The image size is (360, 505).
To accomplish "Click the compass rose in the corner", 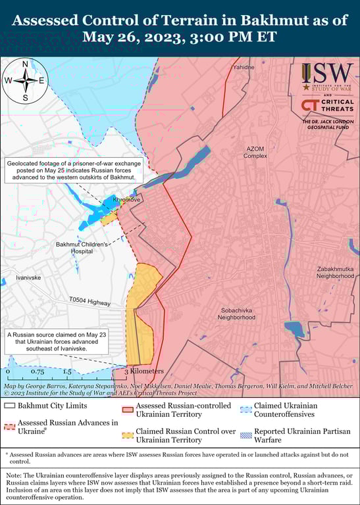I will coord(25,81).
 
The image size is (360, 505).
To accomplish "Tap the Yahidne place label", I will coord(244,67).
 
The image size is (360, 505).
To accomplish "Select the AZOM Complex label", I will coord(255,153).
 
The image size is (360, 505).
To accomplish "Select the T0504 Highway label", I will coord(90,302).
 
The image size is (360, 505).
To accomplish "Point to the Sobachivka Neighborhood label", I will coord(237,313).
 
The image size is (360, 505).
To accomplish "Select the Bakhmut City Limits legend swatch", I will coord(9,406).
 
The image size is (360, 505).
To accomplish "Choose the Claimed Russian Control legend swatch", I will coord(126,435).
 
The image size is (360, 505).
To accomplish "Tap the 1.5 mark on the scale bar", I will coord(67,372).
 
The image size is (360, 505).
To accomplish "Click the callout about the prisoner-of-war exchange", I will coord(71,170).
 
